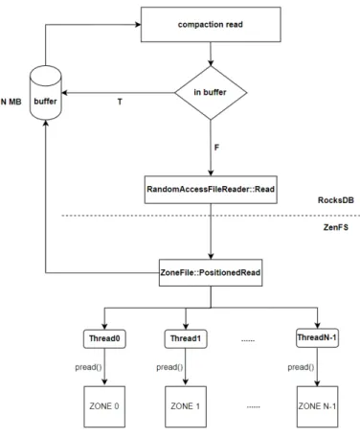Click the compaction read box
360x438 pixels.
coord(211,24)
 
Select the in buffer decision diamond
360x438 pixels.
coord(211,93)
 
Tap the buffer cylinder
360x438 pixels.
coord(46,93)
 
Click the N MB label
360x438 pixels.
coord(11,102)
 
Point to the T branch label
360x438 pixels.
coord(120,102)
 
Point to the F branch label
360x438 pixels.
coord(216,148)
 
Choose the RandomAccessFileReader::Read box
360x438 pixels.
coord(211,190)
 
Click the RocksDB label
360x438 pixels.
coord(336,200)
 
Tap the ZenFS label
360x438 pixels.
coord(336,227)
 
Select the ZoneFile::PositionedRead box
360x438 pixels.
coord(211,272)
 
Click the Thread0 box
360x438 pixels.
coord(104,338)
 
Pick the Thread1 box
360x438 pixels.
coord(186,338)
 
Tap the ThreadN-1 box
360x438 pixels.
coord(317,337)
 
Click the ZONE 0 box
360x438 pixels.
coord(104,406)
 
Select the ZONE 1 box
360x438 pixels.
coord(186,406)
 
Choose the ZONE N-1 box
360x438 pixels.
coord(317,406)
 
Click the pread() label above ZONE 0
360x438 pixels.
coord(88,367)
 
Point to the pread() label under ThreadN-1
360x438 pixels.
coord(301,367)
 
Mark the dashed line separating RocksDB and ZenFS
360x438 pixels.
coord(211,216)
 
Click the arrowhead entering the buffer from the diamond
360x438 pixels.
coord(64,93)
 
